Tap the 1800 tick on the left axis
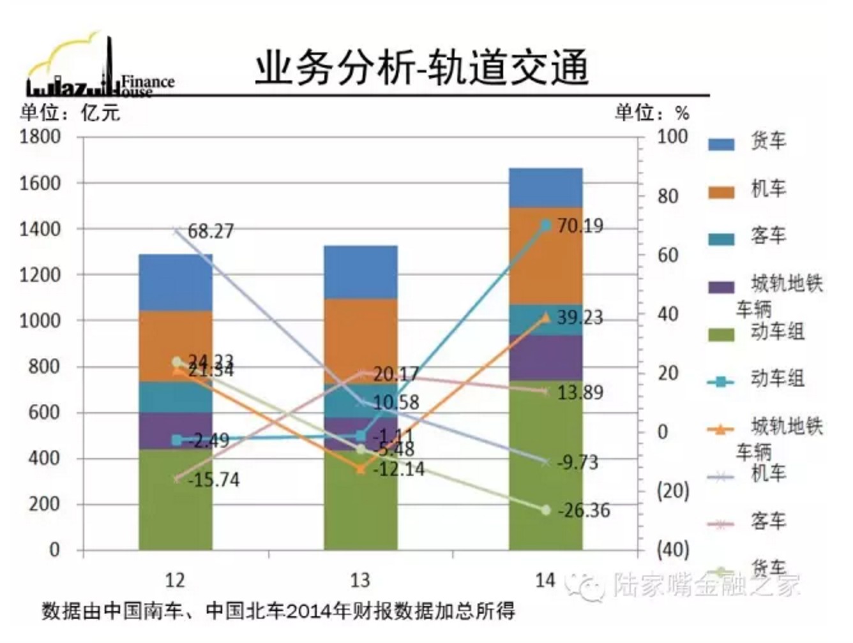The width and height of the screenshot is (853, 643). (x=40, y=137)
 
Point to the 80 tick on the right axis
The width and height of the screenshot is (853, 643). (x=668, y=196)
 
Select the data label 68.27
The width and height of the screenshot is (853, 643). (x=211, y=231)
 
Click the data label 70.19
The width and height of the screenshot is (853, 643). (x=580, y=226)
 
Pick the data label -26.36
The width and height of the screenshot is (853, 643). (x=584, y=510)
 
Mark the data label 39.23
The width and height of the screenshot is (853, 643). (x=580, y=318)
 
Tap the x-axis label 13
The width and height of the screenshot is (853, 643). (x=360, y=580)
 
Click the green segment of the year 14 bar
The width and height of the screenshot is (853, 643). (x=545, y=466)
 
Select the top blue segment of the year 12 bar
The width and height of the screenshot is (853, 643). (x=176, y=282)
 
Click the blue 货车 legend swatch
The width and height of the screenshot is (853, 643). (x=721, y=144)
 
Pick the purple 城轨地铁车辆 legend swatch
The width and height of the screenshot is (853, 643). (x=721, y=286)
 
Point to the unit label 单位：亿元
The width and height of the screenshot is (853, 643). (x=70, y=113)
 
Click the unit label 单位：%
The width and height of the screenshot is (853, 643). (x=652, y=113)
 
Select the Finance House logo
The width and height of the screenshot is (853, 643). (x=99, y=70)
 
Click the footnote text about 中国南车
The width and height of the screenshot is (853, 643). (x=278, y=610)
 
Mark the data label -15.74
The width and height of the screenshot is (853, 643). (x=214, y=480)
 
